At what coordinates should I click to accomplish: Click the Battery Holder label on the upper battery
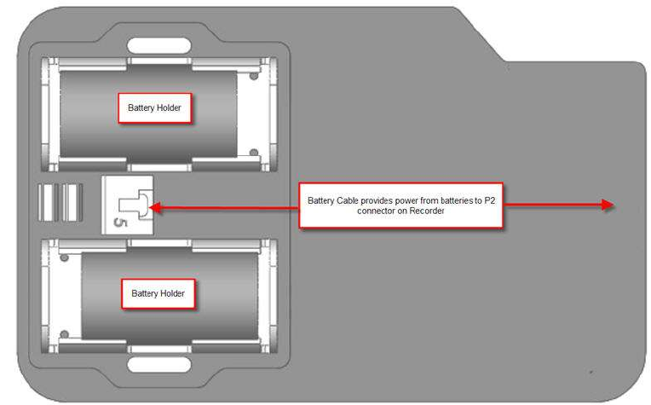[154, 108]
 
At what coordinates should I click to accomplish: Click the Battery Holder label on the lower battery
[158, 293]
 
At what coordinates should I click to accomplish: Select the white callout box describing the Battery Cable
[400, 205]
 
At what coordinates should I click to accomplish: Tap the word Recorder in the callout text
[425, 211]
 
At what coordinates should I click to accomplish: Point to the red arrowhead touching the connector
[157, 205]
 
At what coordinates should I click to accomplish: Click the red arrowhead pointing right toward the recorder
[607, 205]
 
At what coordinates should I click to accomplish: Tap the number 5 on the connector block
[121, 223]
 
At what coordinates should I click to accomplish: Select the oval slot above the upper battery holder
[153, 45]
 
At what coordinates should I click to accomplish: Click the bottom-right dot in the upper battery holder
[254, 153]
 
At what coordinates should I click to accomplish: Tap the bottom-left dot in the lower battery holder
[65, 333]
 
